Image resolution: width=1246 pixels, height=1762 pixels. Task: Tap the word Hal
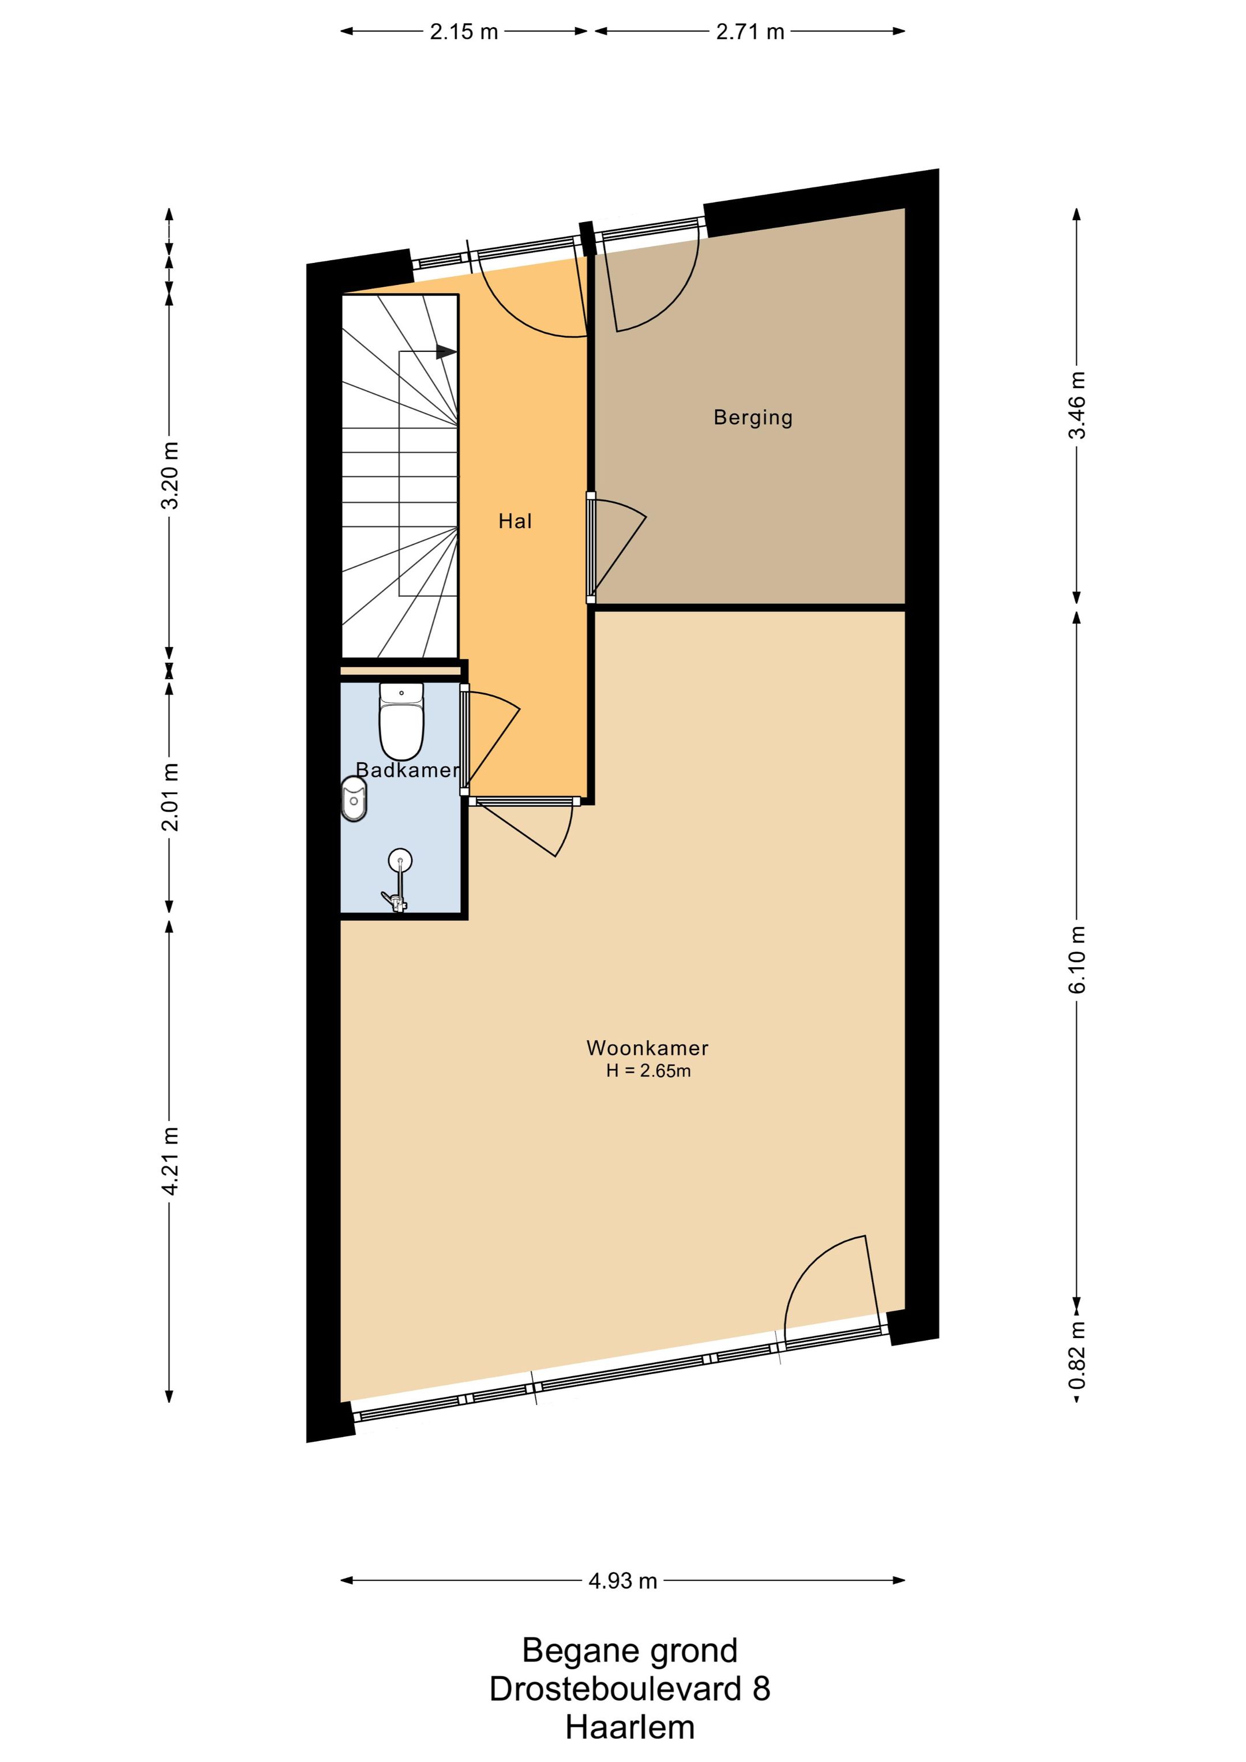pos(515,522)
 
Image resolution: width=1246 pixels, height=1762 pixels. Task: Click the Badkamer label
pos(408,770)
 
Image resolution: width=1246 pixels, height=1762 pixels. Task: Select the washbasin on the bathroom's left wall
pos(354,799)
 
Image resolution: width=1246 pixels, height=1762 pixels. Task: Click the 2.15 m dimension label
pos(464,32)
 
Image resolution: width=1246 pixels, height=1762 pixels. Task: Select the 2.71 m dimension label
pos(750,32)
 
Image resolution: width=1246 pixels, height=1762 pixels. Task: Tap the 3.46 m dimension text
pos(1079,405)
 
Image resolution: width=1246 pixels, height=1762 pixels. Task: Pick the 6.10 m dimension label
pos(1079,960)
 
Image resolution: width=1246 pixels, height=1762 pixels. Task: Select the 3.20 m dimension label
pos(170,475)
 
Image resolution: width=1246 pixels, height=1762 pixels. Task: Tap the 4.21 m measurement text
pos(170,1161)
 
